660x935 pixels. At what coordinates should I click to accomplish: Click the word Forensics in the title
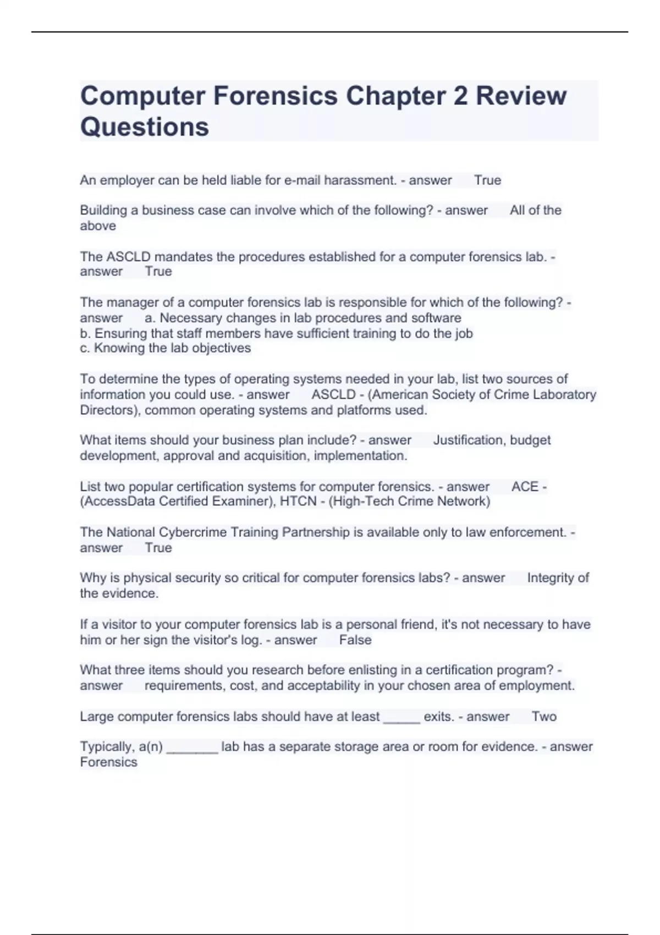(275, 96)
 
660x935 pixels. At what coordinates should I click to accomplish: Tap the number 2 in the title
(460, 96)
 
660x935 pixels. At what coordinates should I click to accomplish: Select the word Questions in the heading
(145, 127)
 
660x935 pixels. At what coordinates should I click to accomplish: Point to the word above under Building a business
(98, 226)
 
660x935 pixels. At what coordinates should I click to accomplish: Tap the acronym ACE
(525, 487)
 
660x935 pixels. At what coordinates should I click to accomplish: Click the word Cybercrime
(193, 532)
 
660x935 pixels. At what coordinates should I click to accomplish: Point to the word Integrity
(550, 578)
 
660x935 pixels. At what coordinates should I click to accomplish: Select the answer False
(355, 640)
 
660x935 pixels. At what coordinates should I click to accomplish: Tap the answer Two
(544, 717)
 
